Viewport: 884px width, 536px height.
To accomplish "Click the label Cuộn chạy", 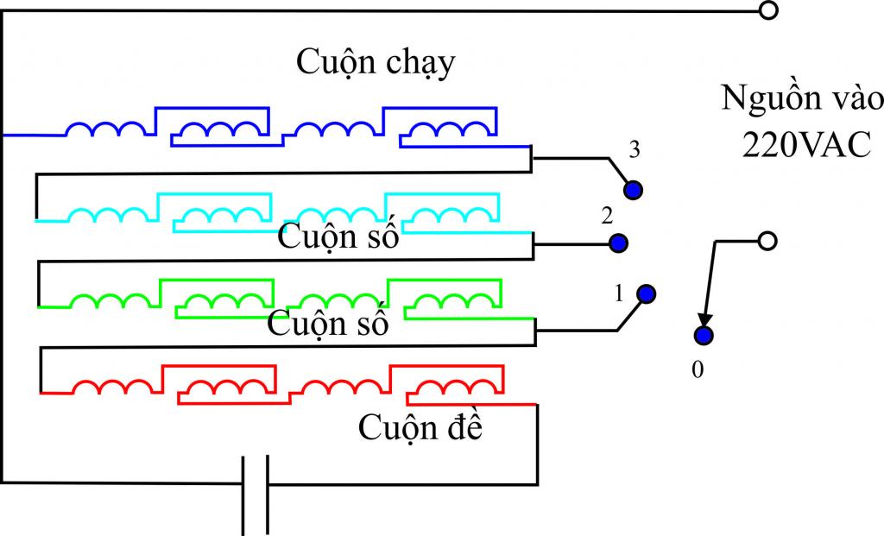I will (x=376, y=63).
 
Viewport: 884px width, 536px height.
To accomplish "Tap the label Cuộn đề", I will (x=420, y=426).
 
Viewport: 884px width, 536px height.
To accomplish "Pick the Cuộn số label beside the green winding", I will (x=328, y=325).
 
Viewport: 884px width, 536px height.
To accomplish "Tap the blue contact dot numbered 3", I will (x=635, y=189).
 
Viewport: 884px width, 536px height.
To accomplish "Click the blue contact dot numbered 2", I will (x=617, y=243).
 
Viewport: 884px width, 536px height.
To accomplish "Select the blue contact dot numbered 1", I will (x=646, y=294).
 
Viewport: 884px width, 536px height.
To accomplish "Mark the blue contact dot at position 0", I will (x=704, y=336).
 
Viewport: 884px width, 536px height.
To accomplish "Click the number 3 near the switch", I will (x=635, y=150).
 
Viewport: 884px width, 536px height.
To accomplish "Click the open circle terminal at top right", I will (x=767, y=10).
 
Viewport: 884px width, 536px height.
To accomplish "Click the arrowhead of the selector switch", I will (x=706, y=321).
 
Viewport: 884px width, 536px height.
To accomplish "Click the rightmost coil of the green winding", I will (x=443, y=301).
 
